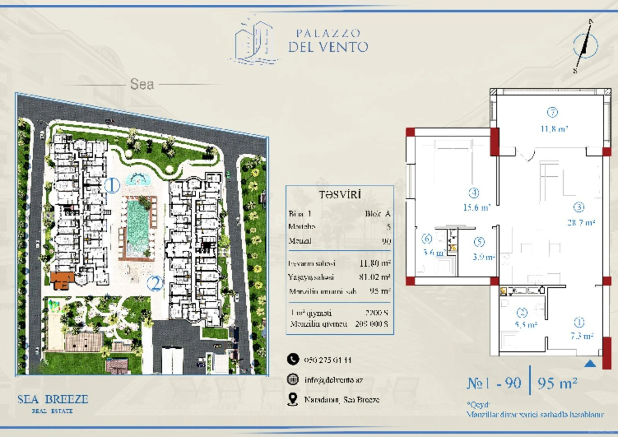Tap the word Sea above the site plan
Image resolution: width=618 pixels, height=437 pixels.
click(x=142, y=84)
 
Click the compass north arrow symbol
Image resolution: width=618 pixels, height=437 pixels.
click(x=585, y=46)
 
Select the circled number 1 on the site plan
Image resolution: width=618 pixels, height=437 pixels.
click(x=112, y=185)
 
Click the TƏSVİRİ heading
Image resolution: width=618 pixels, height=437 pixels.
click(x=340, y=194)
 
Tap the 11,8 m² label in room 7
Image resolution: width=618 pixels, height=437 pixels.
click(x=554, y=129)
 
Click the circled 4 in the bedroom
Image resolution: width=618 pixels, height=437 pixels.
click(x=474, y=193)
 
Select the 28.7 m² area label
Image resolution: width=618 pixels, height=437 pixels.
click(x=581, y=222)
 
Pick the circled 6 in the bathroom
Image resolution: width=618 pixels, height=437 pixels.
click(x=427, y=239)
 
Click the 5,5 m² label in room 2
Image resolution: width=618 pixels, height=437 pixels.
click(x=526, y=325)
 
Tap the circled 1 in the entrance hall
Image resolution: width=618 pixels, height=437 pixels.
click(x=579, y=322)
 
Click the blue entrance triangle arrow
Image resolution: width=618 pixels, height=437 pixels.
click(x=590, y=364)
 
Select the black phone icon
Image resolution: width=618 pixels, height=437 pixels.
click(x=293, y=359)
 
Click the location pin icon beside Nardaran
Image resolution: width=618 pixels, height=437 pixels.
click(x=293, y=399)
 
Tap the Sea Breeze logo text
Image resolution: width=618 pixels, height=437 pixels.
click(x=53, y=399)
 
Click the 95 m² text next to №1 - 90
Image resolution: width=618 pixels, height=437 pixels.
click(x=557, y=383)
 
